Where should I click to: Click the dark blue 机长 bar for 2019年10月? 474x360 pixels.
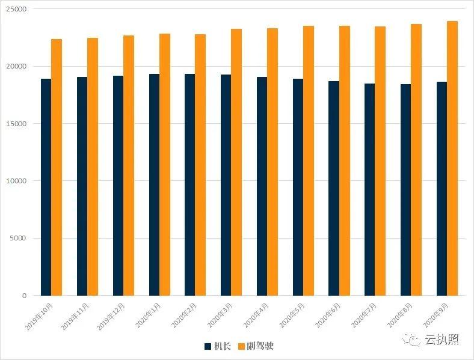point(46,187)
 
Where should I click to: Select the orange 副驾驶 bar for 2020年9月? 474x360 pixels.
point(452,158)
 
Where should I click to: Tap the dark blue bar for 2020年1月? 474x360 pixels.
point(154,185)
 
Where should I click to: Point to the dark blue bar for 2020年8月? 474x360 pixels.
point(405,190)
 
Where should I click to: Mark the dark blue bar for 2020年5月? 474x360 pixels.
point(298,187)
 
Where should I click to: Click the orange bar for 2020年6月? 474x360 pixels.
point(345,160)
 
